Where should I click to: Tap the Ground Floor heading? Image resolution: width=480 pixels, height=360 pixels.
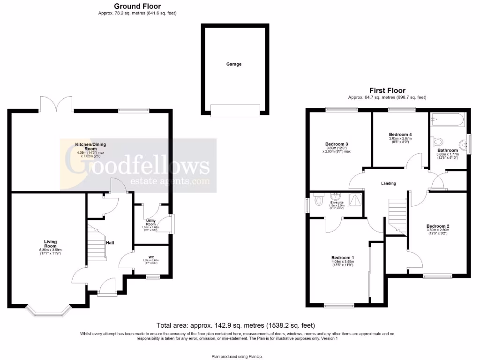point(137,6)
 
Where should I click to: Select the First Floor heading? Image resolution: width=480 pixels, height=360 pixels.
point(387,90)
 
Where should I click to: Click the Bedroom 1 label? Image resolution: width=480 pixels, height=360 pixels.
point(343,258)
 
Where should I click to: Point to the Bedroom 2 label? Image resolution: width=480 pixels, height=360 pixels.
point(438,224)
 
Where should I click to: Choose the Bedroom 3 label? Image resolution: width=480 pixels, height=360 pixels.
point(337,144)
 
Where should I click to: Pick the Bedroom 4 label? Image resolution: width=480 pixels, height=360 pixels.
point(400,133)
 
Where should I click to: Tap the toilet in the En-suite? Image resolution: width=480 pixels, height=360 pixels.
point(320,201)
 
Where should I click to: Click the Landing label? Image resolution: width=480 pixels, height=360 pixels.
point(389,183)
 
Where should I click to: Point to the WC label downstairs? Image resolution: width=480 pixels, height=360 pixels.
point(151,257)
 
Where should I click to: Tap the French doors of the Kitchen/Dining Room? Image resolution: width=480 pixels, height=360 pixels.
point(56,104)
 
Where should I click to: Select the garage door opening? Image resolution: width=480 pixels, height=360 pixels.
point(235,111)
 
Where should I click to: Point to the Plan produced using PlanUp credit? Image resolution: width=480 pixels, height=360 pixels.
point(240,357)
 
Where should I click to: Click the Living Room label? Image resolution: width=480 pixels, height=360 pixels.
point(50,244)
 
